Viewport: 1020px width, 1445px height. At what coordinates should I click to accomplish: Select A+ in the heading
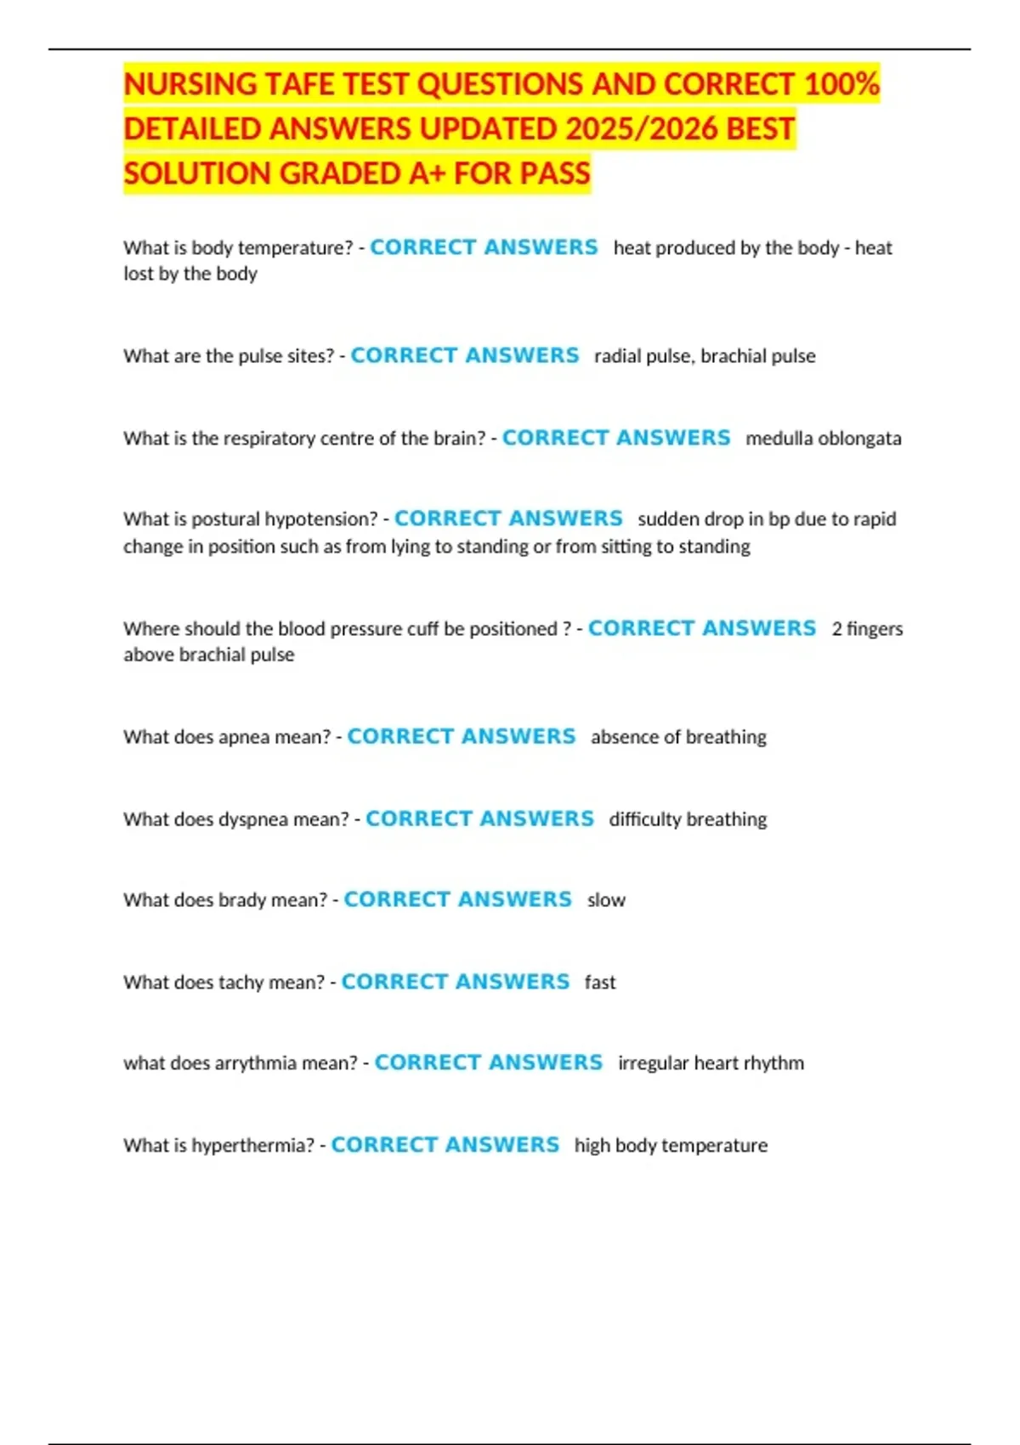click(x=428, y=173)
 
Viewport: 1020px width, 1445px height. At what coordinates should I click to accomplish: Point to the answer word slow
click(x=606, y=900)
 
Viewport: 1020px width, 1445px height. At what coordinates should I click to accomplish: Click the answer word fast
click(x=600, y=983)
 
